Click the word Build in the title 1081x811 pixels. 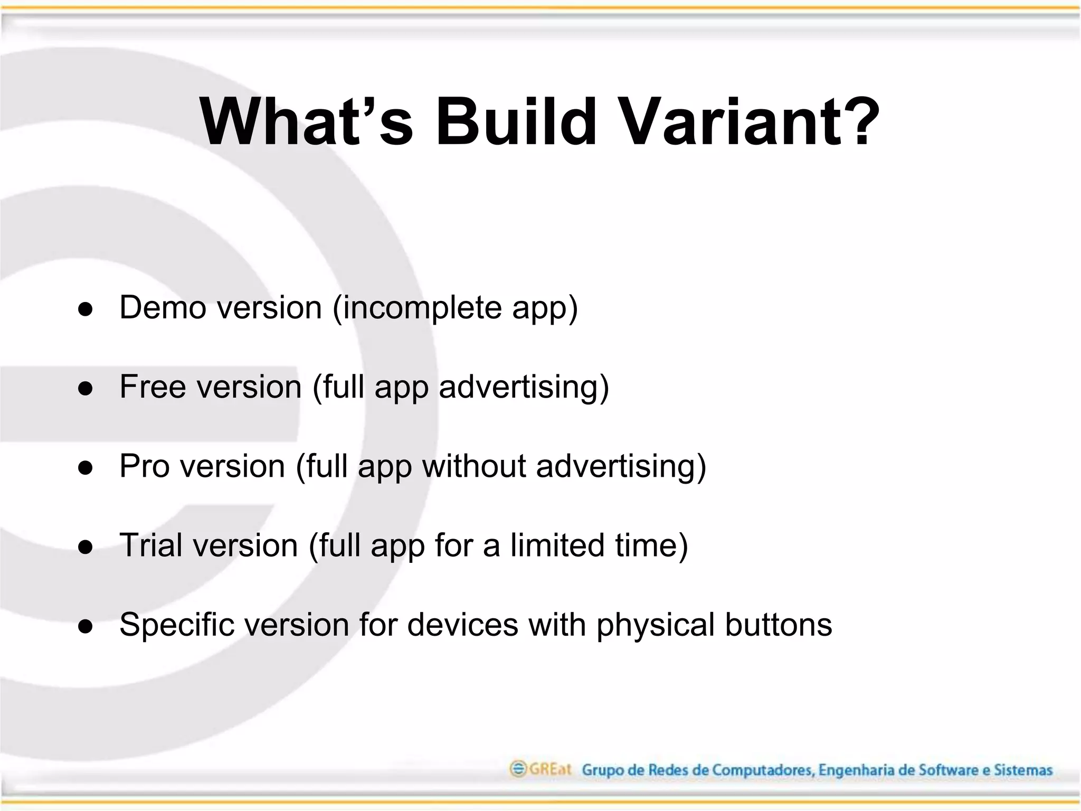click(x=515, y=122)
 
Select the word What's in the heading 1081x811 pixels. click(x=306, y=122)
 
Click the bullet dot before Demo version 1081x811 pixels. click(x=86, y=310)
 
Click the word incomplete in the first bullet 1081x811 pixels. click(x=416, y=308)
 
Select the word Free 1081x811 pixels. click(x=153, y=386)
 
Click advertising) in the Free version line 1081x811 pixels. click(x=524, y=388)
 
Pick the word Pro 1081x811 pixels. click(x=144, y=466)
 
